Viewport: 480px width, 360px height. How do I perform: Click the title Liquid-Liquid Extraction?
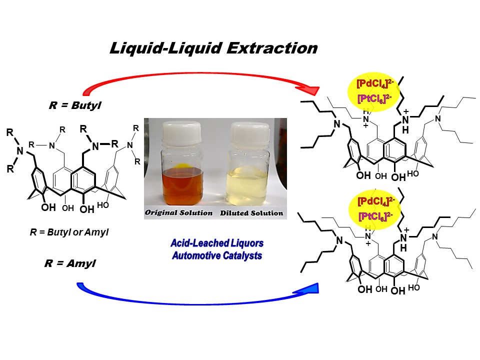(x=213, y=48)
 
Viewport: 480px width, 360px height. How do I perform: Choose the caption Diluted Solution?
(x=251, y=213)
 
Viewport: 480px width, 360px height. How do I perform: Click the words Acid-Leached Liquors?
(x=216, y=243)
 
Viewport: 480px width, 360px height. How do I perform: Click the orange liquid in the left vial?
(x=182, y=187)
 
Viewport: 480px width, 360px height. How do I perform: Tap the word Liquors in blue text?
(x=245, y=243)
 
